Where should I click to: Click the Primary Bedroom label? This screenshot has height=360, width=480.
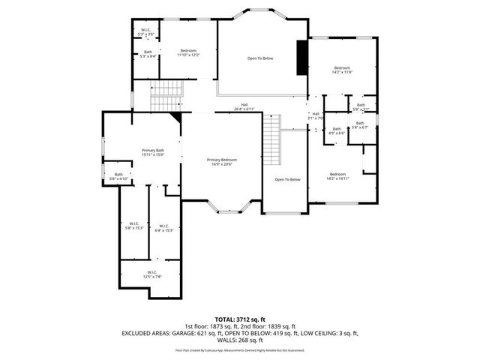[x=222, y=161]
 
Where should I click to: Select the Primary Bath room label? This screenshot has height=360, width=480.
[x=153, y=153]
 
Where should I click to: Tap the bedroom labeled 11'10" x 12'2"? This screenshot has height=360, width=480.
[x=188, y=52]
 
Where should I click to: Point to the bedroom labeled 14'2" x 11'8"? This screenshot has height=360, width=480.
[x=343, y=70]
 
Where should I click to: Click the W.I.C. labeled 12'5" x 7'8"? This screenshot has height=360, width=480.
[x=151, y=274]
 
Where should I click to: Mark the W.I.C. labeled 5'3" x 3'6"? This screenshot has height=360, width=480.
[x=146, y=32]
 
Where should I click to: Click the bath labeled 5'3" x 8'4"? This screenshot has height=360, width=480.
[x=148, y=54]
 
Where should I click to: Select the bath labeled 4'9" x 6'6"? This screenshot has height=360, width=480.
[x=337, y=131]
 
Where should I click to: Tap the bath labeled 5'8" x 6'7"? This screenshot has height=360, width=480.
[x=360, y=125]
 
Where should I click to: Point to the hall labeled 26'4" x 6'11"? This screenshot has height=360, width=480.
[x=244, y=106]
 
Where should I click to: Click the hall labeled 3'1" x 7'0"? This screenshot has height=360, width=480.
[x=315, y=116]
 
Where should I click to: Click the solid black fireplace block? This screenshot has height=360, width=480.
[x=302, y=58]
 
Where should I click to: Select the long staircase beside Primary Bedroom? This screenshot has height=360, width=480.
[x=271, y=143]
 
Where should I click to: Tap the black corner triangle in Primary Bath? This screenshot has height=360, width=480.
[x=175, y=116]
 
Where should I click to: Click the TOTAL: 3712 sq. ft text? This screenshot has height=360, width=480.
[x=240, y=319]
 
